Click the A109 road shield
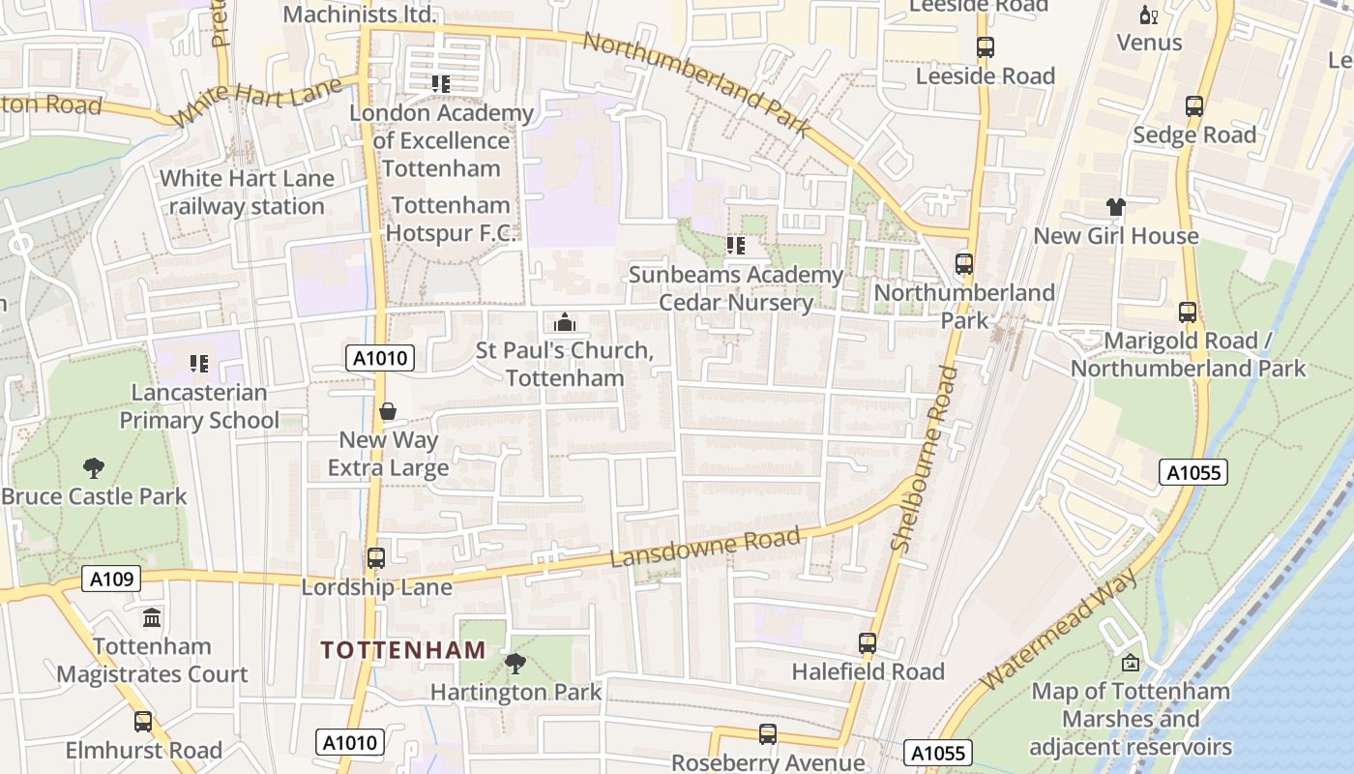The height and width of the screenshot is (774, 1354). (111, 579)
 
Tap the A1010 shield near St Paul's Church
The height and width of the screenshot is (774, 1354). (380, 358)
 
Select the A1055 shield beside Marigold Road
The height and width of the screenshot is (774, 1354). (1193, 472)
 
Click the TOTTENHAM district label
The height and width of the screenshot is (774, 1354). (402, 650)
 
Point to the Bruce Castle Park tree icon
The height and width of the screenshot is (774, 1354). (94, 468)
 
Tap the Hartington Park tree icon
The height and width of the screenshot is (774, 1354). (515, 664)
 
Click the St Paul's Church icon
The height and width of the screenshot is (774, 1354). (565, 322)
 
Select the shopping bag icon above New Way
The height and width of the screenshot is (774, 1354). (388, 412)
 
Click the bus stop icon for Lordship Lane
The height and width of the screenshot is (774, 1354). (376, 558)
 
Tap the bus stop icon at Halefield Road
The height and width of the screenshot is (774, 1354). (868, 643)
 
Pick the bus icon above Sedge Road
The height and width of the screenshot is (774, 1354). (1194, 106)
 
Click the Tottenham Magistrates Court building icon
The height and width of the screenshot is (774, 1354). (152, 618)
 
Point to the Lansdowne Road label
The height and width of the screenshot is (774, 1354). (705, 548)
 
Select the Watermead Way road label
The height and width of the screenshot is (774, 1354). (1059, 629)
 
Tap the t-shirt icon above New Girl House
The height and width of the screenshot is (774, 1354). (1116, 207)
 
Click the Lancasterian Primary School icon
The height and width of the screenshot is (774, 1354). (199, 364)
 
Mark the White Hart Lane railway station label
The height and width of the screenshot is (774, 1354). (247, 193)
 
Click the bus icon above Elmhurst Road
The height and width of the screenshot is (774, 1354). (143, 722)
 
